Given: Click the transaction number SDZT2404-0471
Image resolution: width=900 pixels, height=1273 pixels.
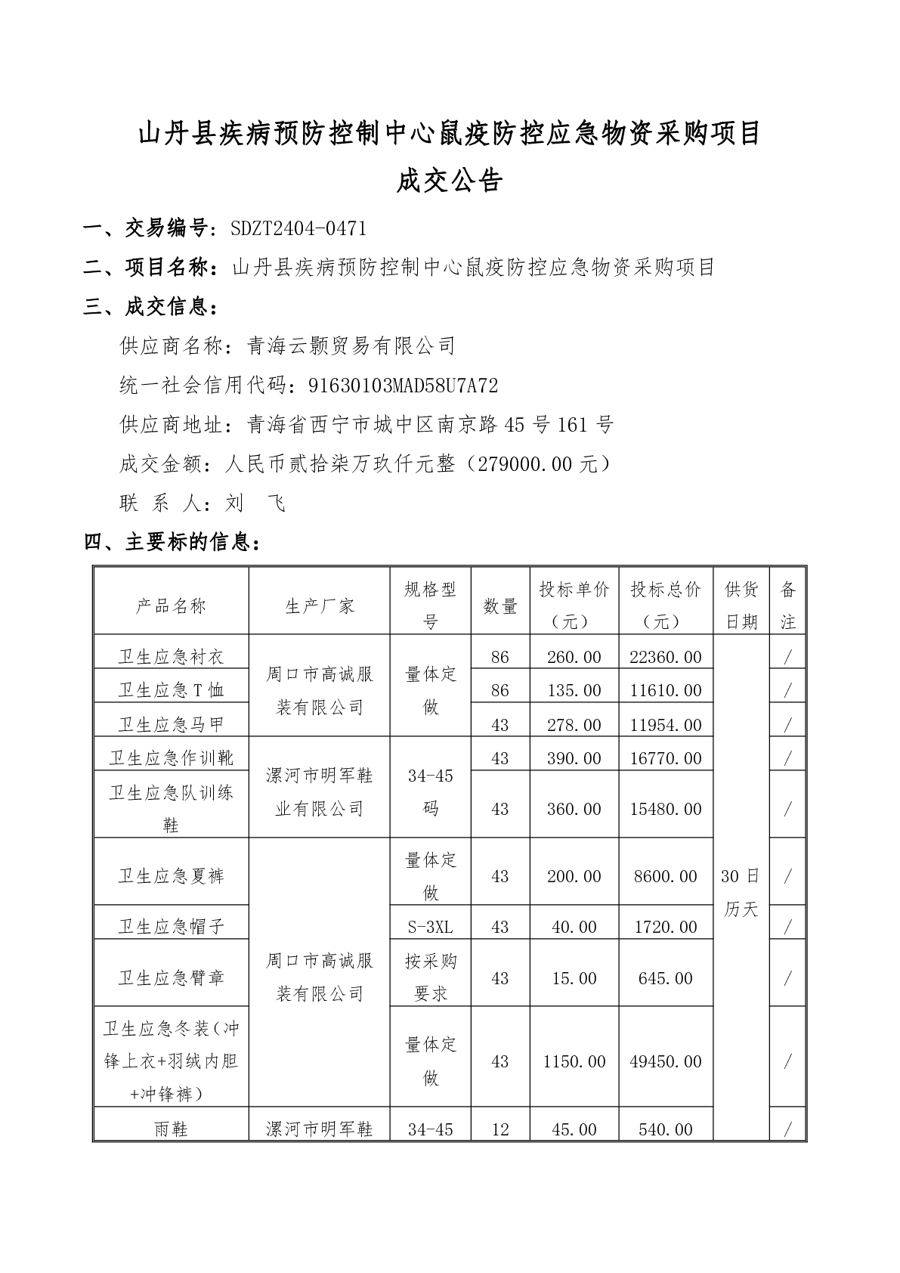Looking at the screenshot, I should tap(298, 228).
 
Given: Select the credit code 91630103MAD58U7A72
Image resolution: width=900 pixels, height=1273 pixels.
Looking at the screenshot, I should tap(404, 386).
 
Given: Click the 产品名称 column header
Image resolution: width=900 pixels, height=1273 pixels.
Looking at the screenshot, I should tap(171, 606).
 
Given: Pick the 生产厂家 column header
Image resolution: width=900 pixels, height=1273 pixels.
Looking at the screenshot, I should tap(320, 606).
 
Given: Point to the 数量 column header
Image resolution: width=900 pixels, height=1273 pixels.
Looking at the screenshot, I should tap(499, 606).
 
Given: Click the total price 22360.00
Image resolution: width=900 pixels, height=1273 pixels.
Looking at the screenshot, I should tap(665, 657).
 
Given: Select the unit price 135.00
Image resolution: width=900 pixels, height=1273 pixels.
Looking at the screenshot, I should tap(574, 690).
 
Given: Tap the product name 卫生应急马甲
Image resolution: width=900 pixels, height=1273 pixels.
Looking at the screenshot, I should tap(171, 724).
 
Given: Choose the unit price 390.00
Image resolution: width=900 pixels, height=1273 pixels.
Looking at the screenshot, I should tap(574, 758).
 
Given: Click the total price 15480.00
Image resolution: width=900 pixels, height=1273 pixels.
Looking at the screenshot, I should tap(665, 809).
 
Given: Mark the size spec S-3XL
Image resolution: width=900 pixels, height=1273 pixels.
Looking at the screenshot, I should tap(430, 927).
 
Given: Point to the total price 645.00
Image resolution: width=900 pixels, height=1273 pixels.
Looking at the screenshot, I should tap(665, 978).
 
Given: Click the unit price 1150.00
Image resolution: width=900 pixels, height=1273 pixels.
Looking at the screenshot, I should tap(574, 1061).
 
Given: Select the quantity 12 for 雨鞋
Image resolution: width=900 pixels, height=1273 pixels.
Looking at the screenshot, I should tap(499, 1129).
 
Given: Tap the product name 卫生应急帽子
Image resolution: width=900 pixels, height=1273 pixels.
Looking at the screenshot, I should tap(171, 927).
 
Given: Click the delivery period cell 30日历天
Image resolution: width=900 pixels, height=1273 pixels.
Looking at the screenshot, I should tap(741, 892).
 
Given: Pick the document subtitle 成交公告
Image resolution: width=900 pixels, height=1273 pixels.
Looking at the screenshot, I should tap(450, 181).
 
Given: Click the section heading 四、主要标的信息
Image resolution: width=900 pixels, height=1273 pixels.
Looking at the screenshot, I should tap(174, 542).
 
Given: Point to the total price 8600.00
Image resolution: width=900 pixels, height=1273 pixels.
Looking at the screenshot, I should tap(665, 876).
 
